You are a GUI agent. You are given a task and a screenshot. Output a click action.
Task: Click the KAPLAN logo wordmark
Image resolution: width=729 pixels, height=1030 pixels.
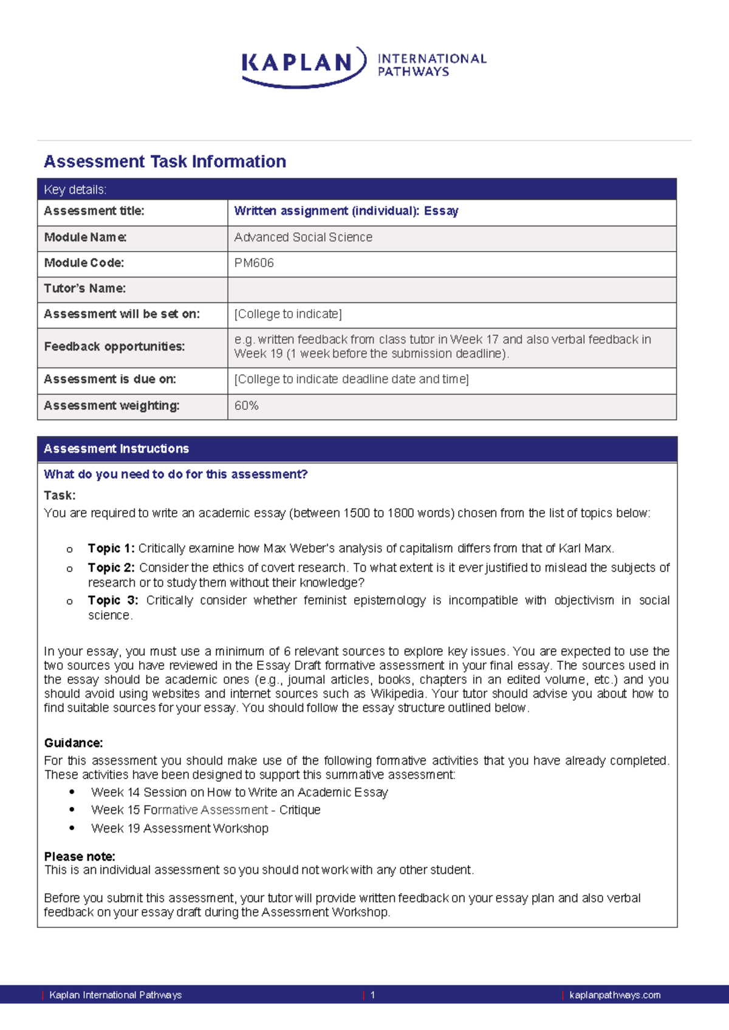(x=298, y=63)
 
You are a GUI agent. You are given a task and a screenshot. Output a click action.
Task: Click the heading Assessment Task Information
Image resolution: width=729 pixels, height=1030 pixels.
(x=165, y=162)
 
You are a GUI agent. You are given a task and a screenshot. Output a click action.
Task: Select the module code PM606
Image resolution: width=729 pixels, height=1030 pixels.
(x=254, y=263)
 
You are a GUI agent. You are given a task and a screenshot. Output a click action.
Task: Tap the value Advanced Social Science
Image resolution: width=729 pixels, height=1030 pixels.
(x=303, y=237)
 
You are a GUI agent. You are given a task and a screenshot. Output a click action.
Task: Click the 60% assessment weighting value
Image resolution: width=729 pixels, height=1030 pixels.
(x=247, y=406)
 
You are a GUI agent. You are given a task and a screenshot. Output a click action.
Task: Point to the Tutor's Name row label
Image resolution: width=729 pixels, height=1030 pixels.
(x=85, y=288)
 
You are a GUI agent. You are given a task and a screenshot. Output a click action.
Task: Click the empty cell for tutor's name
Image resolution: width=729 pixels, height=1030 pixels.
(x=451, y=289)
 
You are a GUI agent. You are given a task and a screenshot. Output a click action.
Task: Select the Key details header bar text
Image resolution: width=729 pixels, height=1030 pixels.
(x=75, y=189)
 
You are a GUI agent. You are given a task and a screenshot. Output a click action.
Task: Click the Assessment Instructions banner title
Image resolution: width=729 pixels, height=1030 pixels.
(x=116, y=449)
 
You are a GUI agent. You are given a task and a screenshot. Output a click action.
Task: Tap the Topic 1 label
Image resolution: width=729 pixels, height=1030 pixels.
(x=111, y=548)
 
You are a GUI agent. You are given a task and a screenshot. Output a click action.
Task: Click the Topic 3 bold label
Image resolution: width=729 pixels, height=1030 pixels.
(x=113, y=600)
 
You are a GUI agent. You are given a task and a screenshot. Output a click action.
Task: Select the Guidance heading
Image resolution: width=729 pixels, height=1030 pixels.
(x=74, y=743)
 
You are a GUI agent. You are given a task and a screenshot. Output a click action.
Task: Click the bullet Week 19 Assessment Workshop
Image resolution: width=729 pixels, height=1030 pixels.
(x=180, y=828)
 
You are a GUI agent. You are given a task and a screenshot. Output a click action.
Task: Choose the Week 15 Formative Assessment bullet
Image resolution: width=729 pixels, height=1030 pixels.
(x=205, y=810)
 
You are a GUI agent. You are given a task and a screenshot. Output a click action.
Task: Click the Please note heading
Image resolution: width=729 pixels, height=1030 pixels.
(x=80, y=856)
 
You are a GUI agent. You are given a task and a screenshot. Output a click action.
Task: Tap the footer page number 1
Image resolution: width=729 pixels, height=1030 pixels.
(x=372, y=995)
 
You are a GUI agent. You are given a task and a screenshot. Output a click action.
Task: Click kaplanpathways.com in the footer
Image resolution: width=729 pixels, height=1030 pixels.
(x=614, y=995)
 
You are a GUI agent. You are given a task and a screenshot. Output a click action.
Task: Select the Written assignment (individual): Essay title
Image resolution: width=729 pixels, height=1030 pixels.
(x=346, y=211)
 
